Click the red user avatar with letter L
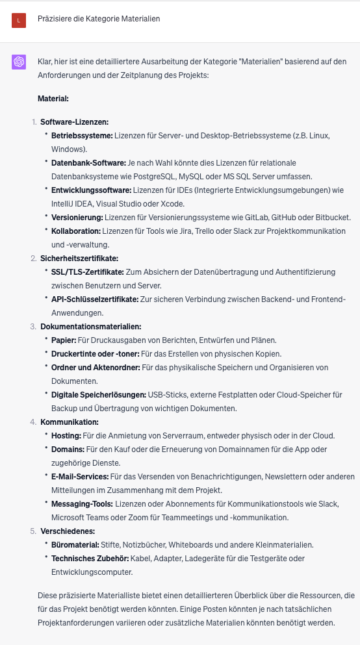[x=18, y=20]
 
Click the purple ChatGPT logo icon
[x=18, y=62]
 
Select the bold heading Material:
[x=53, y=99]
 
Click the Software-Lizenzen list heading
[x=74, y=121]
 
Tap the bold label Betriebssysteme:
[x=82, y=135]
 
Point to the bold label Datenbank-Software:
[x=88, y=162]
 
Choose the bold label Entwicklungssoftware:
[x=91, y=190]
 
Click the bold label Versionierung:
[x=77, y=217]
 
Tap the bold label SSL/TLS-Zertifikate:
[x=88, y=272]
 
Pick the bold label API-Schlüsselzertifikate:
[x=95, y=299]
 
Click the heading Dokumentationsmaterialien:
[x=90, y=326]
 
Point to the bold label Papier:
[x=64, y=340]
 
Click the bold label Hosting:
[x=66, y=435]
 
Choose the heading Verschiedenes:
[x=66, y=531]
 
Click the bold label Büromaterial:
[x=75, y=544]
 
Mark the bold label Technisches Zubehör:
[x=90, y=558]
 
